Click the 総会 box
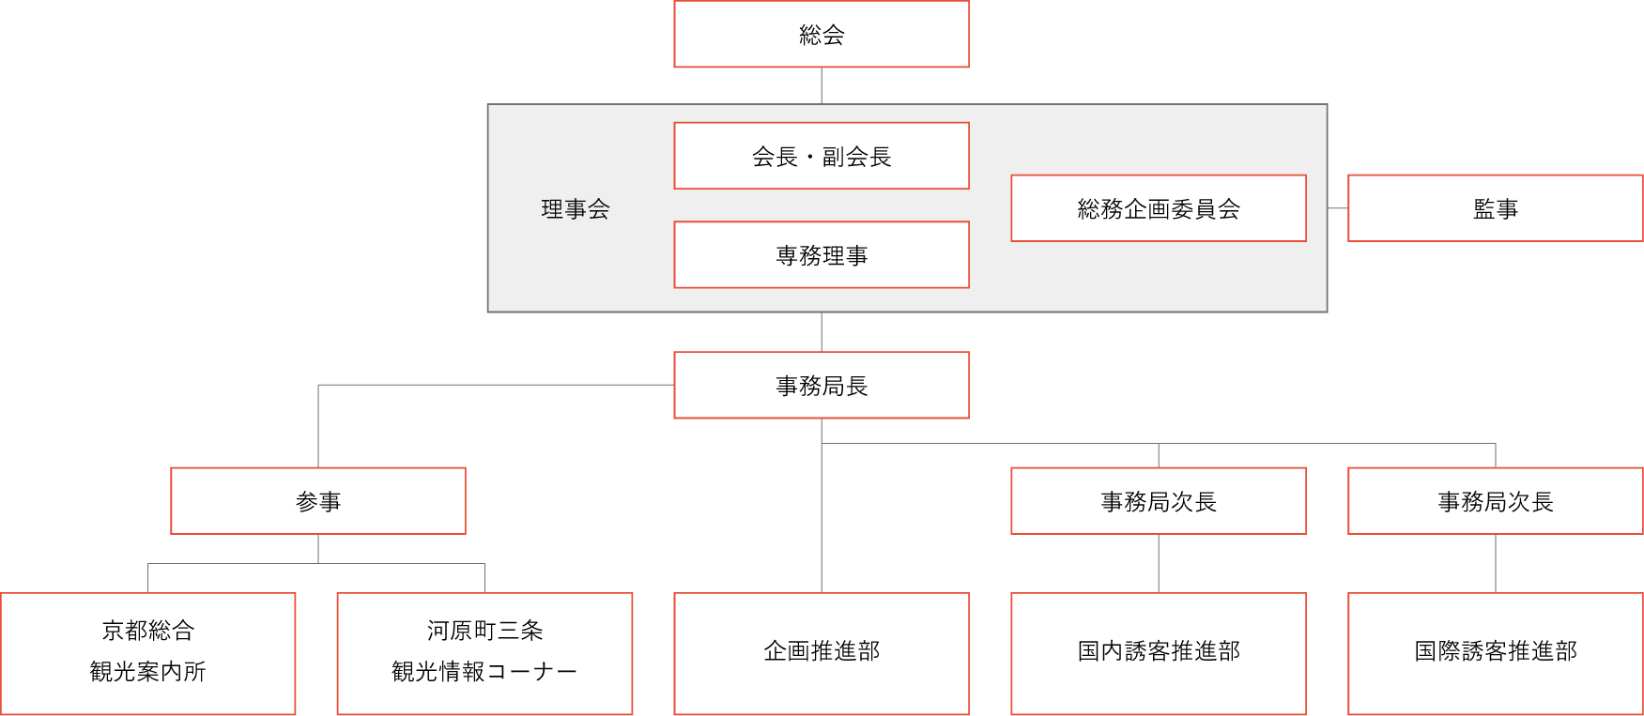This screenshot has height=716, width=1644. (822, 35)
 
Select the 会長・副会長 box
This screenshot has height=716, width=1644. (822, 156)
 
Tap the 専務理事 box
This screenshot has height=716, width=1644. (822, 255)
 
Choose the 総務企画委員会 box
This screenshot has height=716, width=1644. (1159, 208)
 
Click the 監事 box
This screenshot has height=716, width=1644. (1496, 208)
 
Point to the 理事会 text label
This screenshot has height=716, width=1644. (576, 208)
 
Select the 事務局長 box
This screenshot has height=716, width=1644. (822, 386)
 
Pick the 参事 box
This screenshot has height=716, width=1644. (318, 501)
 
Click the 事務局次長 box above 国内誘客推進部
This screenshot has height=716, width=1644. (1159, 501)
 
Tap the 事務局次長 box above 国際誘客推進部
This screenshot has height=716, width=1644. (1496, 501)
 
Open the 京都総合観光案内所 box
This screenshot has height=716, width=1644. (148, 653)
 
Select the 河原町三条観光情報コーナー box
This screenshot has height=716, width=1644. (484, 653)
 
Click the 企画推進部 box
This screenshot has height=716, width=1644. (822, 653)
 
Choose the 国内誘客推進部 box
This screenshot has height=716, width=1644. (1159, 653)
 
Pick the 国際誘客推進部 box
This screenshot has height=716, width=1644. (1496, 653)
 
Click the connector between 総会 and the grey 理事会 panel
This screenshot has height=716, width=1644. (822, 85)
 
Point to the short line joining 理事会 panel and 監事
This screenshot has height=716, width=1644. (1338, 208)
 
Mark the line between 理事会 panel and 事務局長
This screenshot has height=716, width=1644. (822, 332)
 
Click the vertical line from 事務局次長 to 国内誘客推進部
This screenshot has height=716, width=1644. (1159, 563)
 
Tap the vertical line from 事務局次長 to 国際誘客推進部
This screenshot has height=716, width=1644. (1496, 563)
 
